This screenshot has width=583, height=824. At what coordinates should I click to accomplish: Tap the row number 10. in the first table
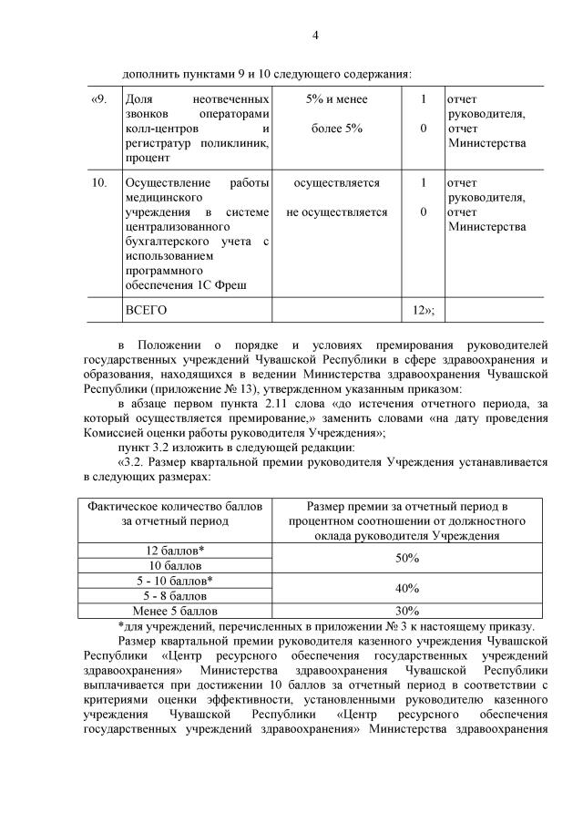(100, 183)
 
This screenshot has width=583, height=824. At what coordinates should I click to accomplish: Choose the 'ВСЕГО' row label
(146, 310)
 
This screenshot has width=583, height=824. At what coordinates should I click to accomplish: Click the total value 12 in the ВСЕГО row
(421, 310)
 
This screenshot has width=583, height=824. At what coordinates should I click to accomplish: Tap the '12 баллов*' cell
(175, 551)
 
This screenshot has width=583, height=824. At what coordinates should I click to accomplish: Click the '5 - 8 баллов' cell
(175, 595)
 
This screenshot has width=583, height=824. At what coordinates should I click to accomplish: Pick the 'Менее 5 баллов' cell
(175, 611)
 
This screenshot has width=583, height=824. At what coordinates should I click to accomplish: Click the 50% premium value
(407, 558)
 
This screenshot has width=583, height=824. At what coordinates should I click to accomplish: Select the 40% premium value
(407, 588)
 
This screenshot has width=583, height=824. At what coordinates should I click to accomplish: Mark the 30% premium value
(407, 611)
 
